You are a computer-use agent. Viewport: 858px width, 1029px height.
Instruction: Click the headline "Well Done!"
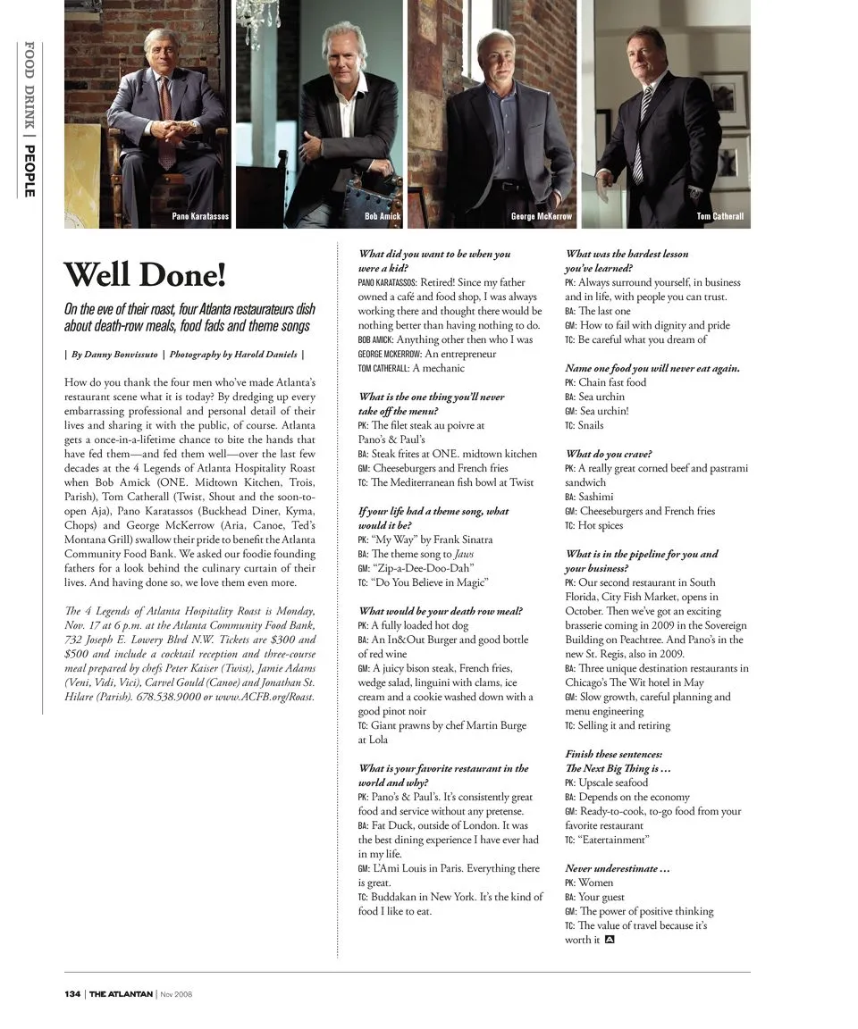click(x=145, y=274)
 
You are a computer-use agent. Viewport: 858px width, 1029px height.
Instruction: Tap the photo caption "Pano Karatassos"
click(x=200, y=216)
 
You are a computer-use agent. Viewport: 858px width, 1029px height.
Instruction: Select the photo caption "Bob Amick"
click(x=383, y=216)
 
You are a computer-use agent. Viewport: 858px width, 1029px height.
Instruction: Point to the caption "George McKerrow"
click(x=541, y=216)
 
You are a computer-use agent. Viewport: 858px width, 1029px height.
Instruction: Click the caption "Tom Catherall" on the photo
click(x=719, y=216)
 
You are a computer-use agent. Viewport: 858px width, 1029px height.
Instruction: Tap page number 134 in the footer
click(x=71, y=994)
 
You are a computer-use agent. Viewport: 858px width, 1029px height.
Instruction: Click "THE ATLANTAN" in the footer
click(x=121, y=994)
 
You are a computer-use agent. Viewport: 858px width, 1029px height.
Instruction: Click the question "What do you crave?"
click(x=609, y=454)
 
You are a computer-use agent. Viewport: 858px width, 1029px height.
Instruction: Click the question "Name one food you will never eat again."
click(x=652, y=368)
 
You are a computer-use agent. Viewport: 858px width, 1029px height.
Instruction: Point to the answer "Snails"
click(x=591, y=425)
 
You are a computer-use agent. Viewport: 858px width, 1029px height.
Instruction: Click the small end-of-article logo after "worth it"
click(x=610, y=939)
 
